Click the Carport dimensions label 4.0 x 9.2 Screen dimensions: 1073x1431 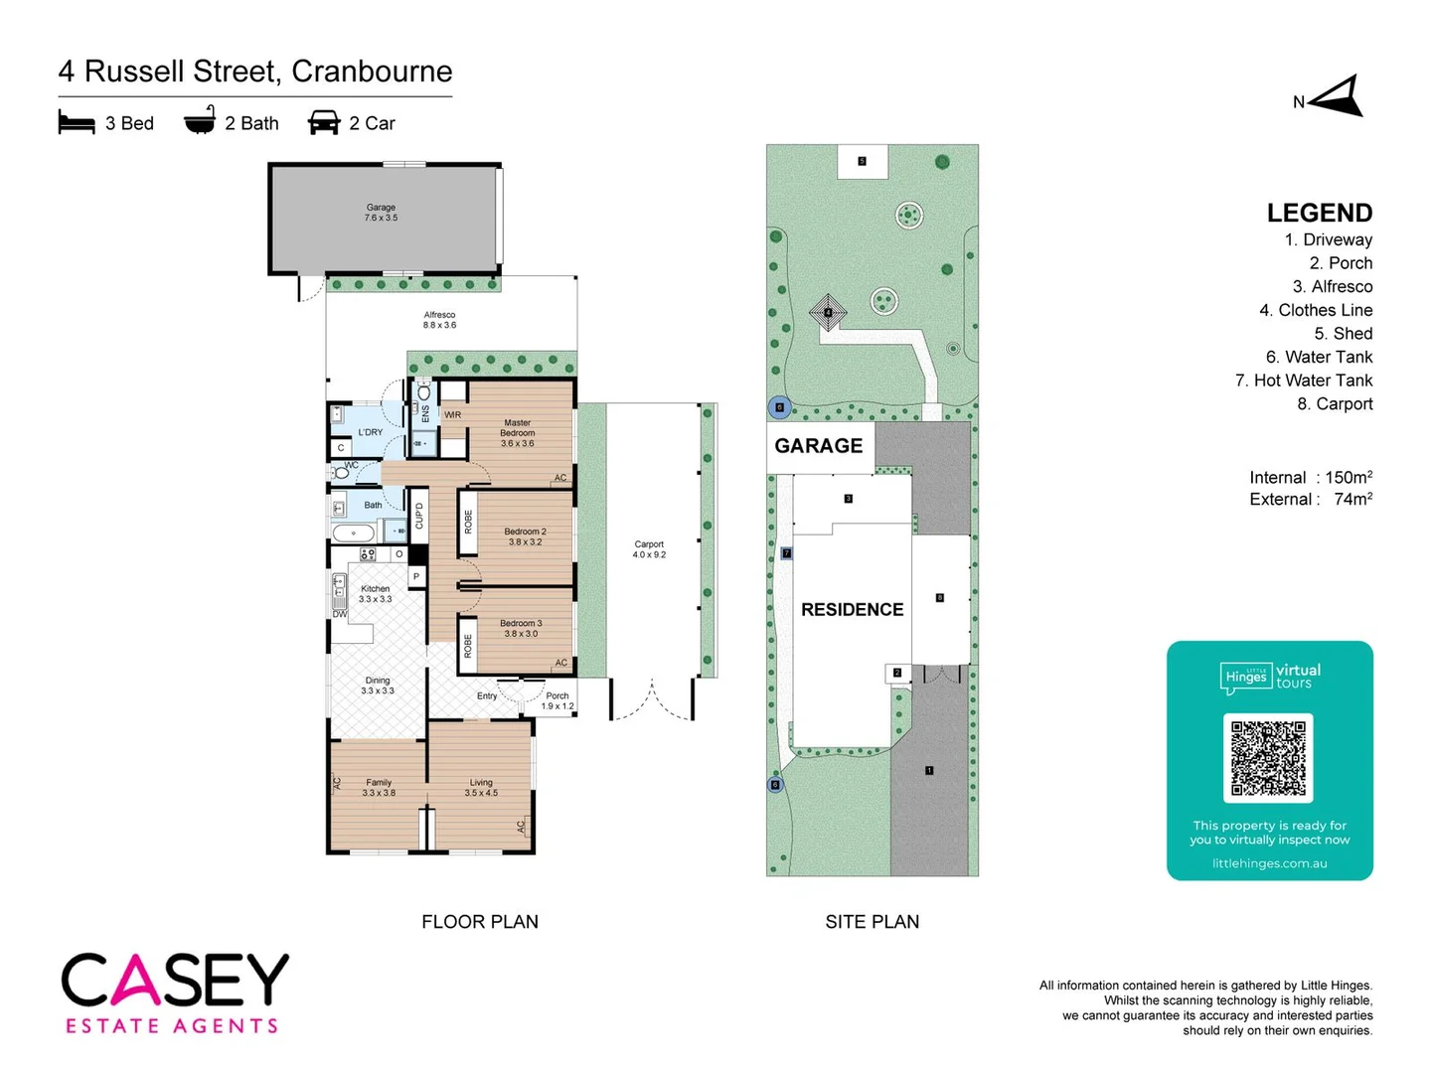click(x=649, y=555)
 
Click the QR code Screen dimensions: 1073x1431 click(x=1268, y=758)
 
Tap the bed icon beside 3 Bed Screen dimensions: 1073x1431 click(x=77, y=123)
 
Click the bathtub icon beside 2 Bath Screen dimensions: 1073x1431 click(x=200, y=121)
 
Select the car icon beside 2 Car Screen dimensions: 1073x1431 click(x=324, y=123)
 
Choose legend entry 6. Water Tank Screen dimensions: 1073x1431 click(x=1319, y=357)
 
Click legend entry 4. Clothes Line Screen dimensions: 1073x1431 click(x=1316, y=310)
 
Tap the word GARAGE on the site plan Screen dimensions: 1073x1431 click(x=819, y=446)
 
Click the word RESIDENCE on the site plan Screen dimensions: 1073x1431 click(x=853, y=610)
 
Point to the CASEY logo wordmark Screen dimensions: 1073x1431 click(x=175, y=981)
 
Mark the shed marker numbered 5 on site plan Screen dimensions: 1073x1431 click(x=862, y=161)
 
